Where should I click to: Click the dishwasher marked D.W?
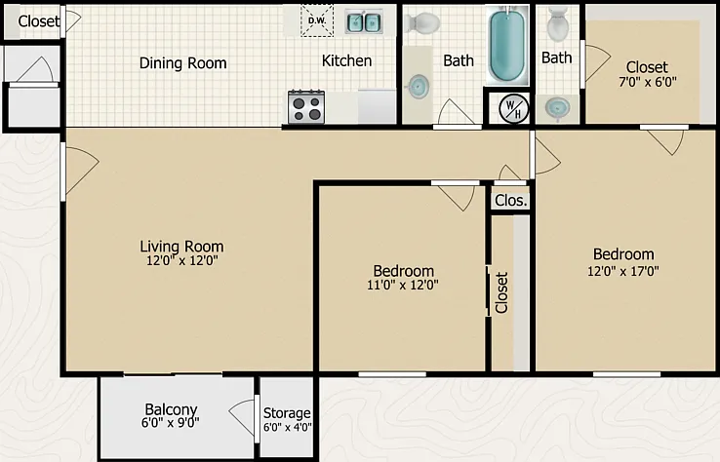pyautogui.click(x=317, y=20)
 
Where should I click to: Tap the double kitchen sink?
pyautogui.click(x=364, y=22)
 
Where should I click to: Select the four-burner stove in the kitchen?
pyautogui.click(x=306, y=107)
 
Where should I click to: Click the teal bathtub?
pyautogui.click(x=507, y=46)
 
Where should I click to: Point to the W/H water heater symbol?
pyautogui.click(x=513, y=109)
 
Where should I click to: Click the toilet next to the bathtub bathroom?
pyautogui.click(x=422, y=22)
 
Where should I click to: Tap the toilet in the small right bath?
pyautogui.click(x=558, y=23)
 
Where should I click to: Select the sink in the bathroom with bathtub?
pyautogui.click(x=419, y=86)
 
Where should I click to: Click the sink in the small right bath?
pyautogui.click(x=557, y=109)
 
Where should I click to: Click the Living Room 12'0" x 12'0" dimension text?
pyautogui.click(x=181, y=260)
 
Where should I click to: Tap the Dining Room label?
pyautogui.click(x=182, y=62)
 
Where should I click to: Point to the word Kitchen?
pyautogui.click(x=346, y=60)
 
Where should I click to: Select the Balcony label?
pyautogui.click(x=171, y=409)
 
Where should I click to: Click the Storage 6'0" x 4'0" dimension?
pyautogui.click(x=288, y=427)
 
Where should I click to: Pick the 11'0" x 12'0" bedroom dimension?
pyautogui.click(x=402, y=285)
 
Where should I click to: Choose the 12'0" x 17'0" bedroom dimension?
pyautogui.click(x=623, y=271)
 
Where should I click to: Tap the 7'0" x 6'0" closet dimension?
pyautogui.click(x=648, y=82)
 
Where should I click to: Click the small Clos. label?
pyautogui.click(x=511, y=201)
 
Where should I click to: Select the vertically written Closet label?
pyautogui.click(x=501, y=292)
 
